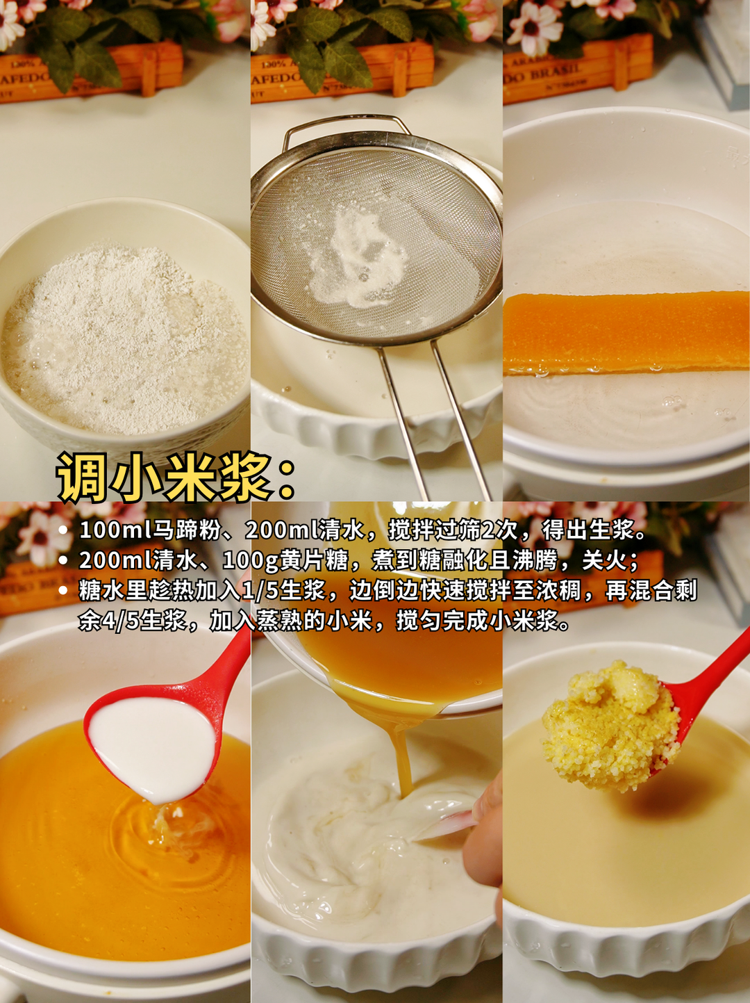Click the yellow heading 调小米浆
[x=167, y=478]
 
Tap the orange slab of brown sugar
[x=625, y=332]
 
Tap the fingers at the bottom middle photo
[x=486, y=834]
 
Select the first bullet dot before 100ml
[x=64, y=530]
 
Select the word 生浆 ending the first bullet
[x=612, y=530]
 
